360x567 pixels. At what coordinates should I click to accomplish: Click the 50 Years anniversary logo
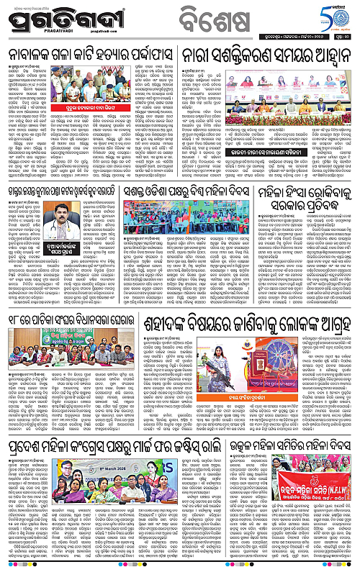tap(336, 15)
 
